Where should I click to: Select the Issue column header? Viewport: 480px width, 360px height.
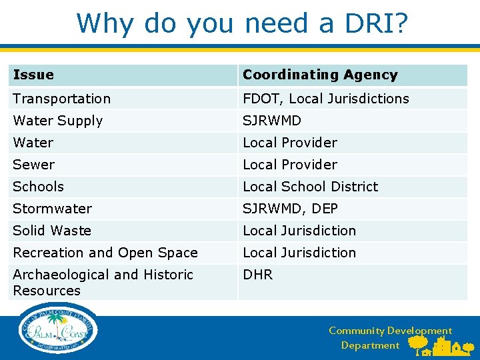33,75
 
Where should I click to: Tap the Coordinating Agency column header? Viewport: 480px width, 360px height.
320,75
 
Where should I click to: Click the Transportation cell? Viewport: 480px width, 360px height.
61,99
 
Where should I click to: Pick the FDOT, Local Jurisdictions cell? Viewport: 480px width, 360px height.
325,99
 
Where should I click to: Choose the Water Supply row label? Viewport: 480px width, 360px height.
57,121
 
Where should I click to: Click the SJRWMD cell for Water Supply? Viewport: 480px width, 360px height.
272,121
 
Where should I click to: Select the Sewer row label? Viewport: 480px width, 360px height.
33,165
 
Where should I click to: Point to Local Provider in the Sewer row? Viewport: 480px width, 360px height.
290,165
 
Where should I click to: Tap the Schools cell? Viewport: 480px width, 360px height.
39,187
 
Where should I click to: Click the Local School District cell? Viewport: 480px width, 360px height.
310,187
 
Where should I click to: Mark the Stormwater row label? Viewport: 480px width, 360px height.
52,209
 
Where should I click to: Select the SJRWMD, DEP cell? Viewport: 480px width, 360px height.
290,209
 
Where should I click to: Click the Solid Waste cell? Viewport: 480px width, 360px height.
52,231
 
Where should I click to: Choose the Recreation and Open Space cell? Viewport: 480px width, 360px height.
105,253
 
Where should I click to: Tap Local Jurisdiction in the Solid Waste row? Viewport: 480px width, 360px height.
299,231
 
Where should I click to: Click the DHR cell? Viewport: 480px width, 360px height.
257,275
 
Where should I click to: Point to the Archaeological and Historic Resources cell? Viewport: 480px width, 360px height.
103,283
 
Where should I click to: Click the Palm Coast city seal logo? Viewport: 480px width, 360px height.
59,330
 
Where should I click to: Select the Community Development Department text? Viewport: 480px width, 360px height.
389,338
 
